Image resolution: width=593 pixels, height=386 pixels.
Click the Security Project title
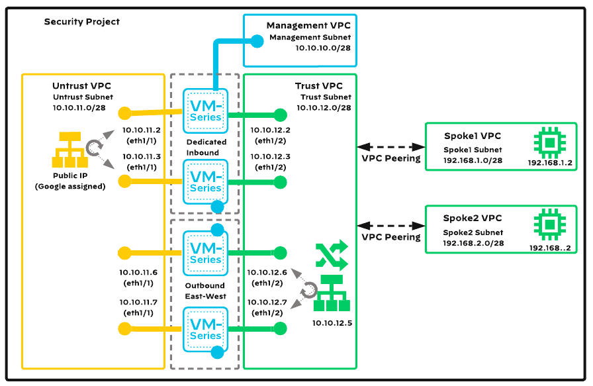82,22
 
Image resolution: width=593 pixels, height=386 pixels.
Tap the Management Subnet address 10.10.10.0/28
323,48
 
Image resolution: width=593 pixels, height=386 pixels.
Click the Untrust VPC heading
82,86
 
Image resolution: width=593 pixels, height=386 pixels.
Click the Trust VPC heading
318,86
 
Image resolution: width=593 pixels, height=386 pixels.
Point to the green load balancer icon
329,293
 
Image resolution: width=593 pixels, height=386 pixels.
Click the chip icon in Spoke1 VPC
549,142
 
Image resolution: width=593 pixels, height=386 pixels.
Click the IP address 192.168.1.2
549,162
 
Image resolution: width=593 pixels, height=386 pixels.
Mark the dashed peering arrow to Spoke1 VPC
390,146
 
